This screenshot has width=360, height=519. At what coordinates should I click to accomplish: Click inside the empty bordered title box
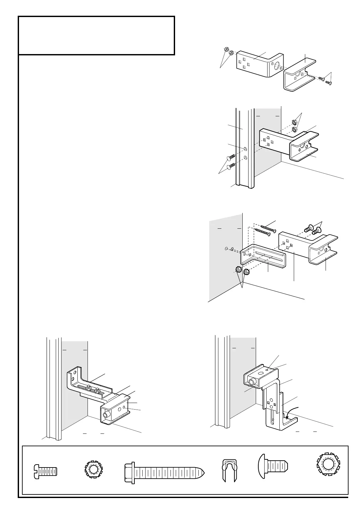click(x=96, y=35)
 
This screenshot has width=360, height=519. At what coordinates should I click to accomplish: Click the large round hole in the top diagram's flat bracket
click(x=276, y=67)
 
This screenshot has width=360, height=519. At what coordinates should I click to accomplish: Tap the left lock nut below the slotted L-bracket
click(x=238, y=270)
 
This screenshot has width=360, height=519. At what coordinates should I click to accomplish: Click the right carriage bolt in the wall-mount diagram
click(x=315, y=231)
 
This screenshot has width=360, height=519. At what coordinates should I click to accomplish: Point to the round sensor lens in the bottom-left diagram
click(x=106, y=415)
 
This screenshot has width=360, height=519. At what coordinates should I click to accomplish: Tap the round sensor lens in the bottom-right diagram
click(x=251, y=382)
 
